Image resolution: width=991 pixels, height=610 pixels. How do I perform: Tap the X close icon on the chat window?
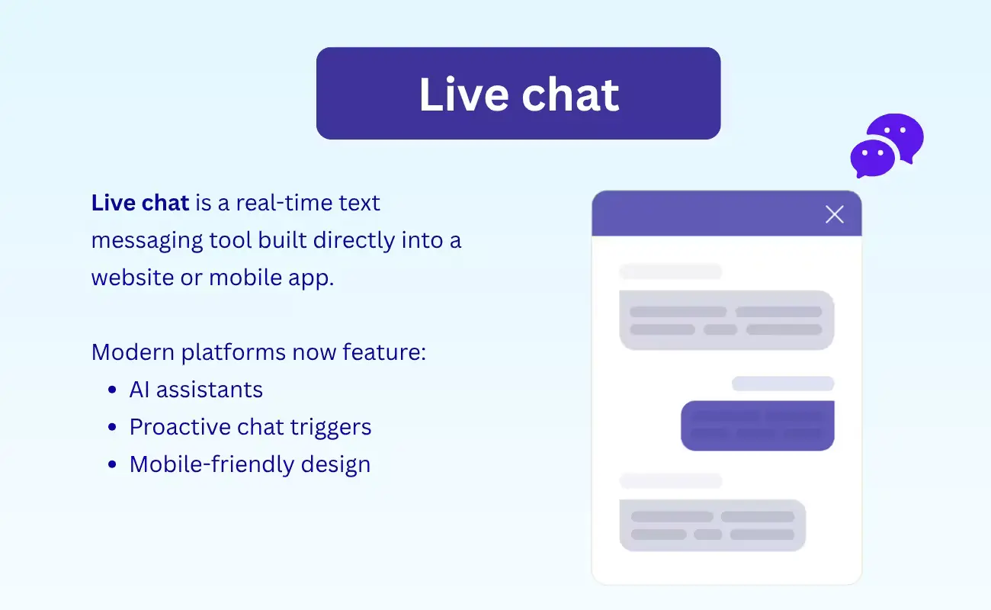pos(835,214)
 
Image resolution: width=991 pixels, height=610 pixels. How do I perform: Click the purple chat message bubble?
pos(757,425)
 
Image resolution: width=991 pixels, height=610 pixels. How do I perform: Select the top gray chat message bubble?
pos(726,320)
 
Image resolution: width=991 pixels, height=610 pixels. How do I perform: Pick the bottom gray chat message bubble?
pos(712,525)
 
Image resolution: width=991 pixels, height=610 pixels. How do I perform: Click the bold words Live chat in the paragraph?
pos(140,203)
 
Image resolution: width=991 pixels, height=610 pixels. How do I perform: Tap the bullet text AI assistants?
pos(196,390)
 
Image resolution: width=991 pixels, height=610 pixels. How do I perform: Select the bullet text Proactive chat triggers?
pos(250,427)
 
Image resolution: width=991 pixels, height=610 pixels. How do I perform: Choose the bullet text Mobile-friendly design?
pos(249,464)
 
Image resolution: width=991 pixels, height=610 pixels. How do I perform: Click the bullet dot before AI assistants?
pos(113,390)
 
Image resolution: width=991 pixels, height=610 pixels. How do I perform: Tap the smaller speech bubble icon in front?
pos(871,158)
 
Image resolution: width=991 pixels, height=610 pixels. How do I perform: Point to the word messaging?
pos(146,240)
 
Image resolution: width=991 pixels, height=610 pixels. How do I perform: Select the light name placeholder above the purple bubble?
pos(783,384)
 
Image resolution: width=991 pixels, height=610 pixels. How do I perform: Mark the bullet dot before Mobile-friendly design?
pos(113,465)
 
